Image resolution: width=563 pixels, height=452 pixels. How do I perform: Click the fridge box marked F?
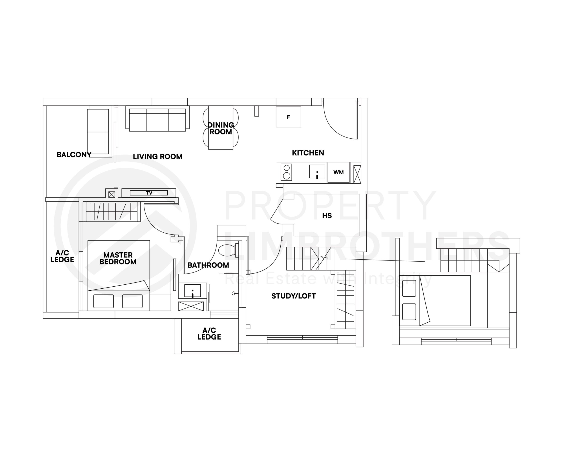pos(288,117)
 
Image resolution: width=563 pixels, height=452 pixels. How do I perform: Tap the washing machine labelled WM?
pos(338,172)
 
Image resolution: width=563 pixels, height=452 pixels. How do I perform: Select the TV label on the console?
pos(149,193)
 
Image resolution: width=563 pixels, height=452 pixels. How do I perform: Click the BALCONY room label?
pos(74,155)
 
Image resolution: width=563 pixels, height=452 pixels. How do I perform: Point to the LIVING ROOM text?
pos(157,157)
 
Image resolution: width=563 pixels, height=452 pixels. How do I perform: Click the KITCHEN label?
pos(308,153)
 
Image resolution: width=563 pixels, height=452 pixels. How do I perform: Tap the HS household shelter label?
pos(327,216)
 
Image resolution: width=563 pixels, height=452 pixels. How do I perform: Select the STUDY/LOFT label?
pos(294,296)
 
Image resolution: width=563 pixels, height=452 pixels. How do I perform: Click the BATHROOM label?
pos(208,265)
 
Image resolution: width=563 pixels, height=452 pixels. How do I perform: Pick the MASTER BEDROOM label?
pos(118,258)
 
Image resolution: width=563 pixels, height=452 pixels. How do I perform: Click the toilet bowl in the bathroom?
pos(227,250)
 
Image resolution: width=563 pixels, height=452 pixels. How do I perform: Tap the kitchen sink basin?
pos(317,172)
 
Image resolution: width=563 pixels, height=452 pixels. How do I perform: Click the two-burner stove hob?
pos(287,172)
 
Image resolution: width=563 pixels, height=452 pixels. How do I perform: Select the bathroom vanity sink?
pos(192,291)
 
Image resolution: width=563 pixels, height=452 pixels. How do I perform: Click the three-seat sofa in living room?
pos(157,120)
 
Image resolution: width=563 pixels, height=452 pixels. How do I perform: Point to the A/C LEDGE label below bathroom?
pos(209,334)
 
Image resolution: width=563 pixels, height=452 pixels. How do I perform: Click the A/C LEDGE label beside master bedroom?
pos(62,256)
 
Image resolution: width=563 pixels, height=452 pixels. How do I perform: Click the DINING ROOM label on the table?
pos(221,128)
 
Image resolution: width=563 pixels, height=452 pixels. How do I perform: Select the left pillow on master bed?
pos(104,301)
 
